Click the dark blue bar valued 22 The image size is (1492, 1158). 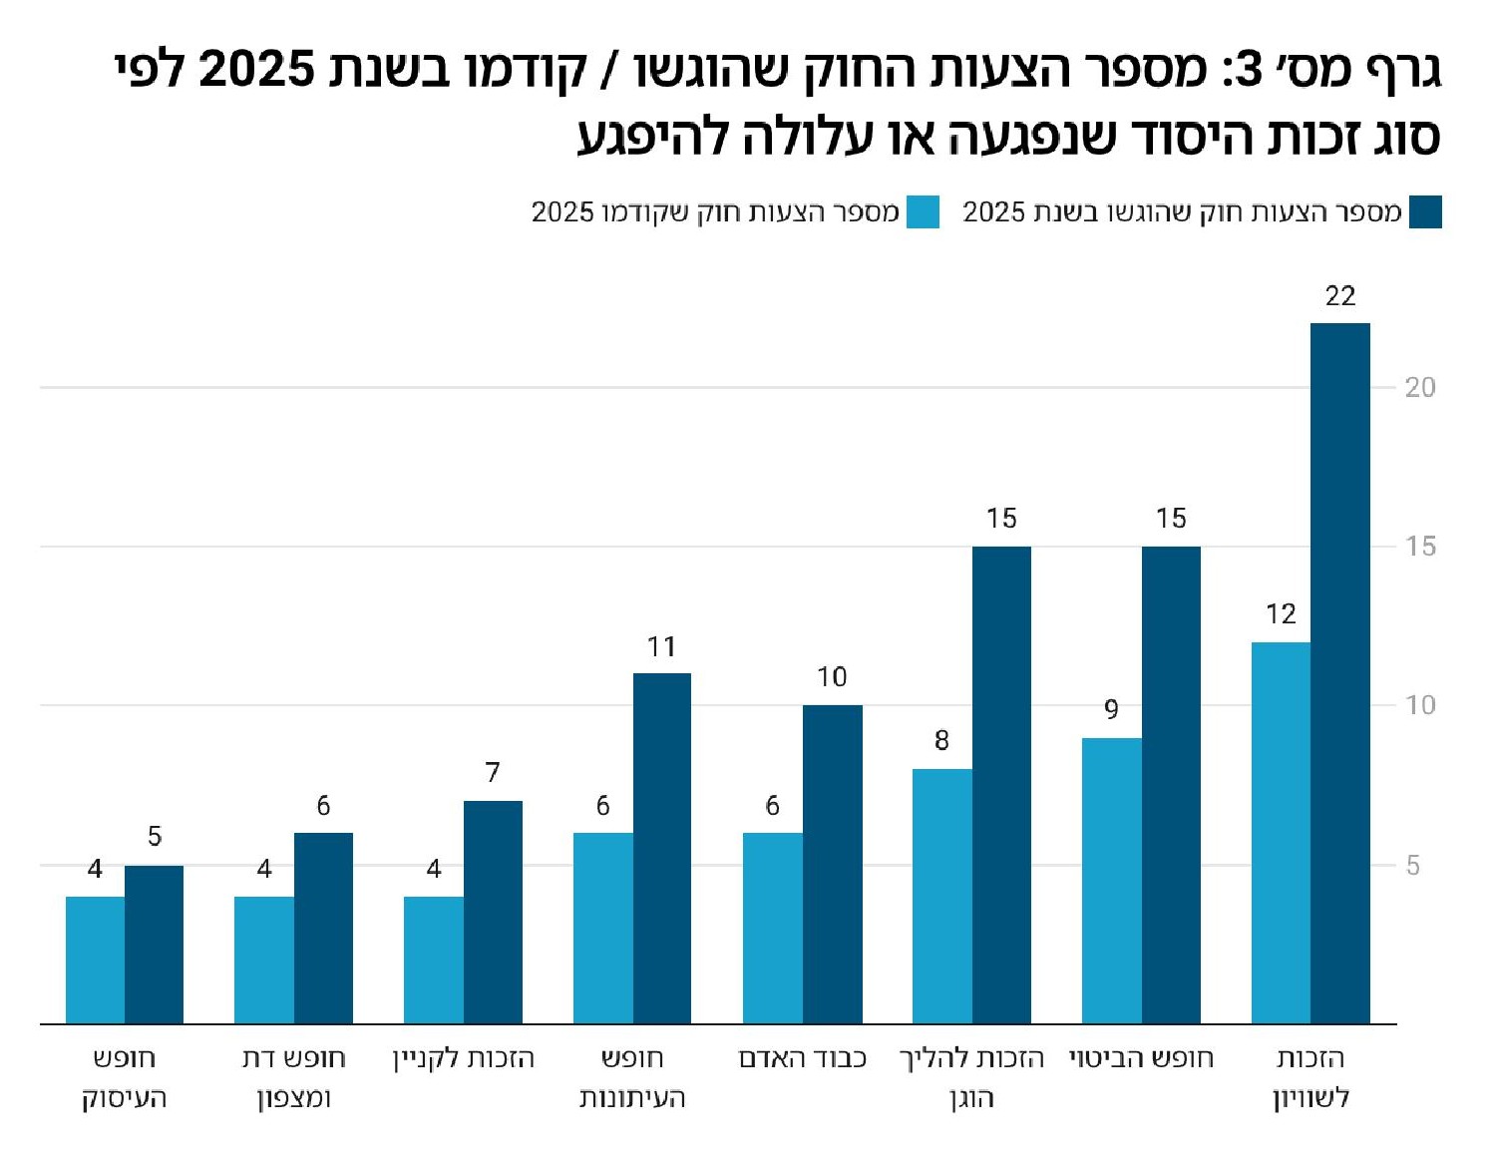[1339, 673]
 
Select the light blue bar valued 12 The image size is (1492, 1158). [1281, 833]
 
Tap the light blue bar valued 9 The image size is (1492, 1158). [1111, 881]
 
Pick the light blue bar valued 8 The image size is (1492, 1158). [941, 896]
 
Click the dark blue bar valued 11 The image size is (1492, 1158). [662, 848]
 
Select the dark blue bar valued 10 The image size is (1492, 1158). [832, 864]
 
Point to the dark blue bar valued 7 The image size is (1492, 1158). [493, 912]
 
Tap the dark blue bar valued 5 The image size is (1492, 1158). [154, 944]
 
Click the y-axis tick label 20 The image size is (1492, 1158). [1419, 387]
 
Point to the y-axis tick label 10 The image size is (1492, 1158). [1419, 705]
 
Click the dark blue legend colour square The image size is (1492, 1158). [1425, 212]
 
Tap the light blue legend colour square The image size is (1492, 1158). [923, 212]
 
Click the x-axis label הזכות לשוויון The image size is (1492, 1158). [1310, 1077]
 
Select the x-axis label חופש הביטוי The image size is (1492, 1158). [1141, 1058]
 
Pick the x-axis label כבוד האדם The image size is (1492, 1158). [802, 1058]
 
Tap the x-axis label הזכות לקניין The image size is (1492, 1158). [463, 1058]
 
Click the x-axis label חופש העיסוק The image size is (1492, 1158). [124, 1077]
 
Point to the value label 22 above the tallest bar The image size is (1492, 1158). [1340, 296]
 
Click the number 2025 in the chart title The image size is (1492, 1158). [256, 70]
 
